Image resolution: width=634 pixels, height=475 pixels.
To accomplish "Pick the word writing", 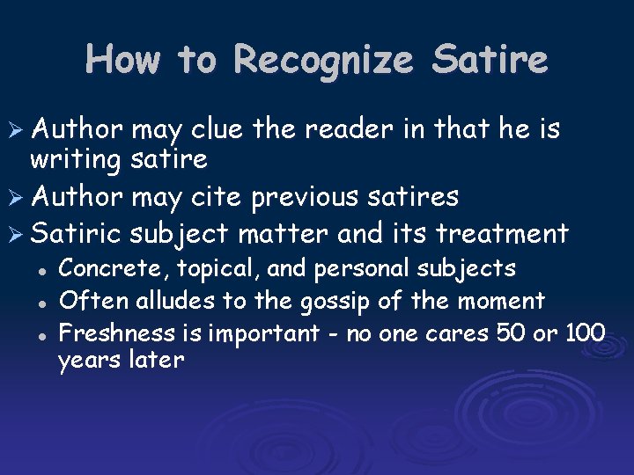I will pos(77,159).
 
